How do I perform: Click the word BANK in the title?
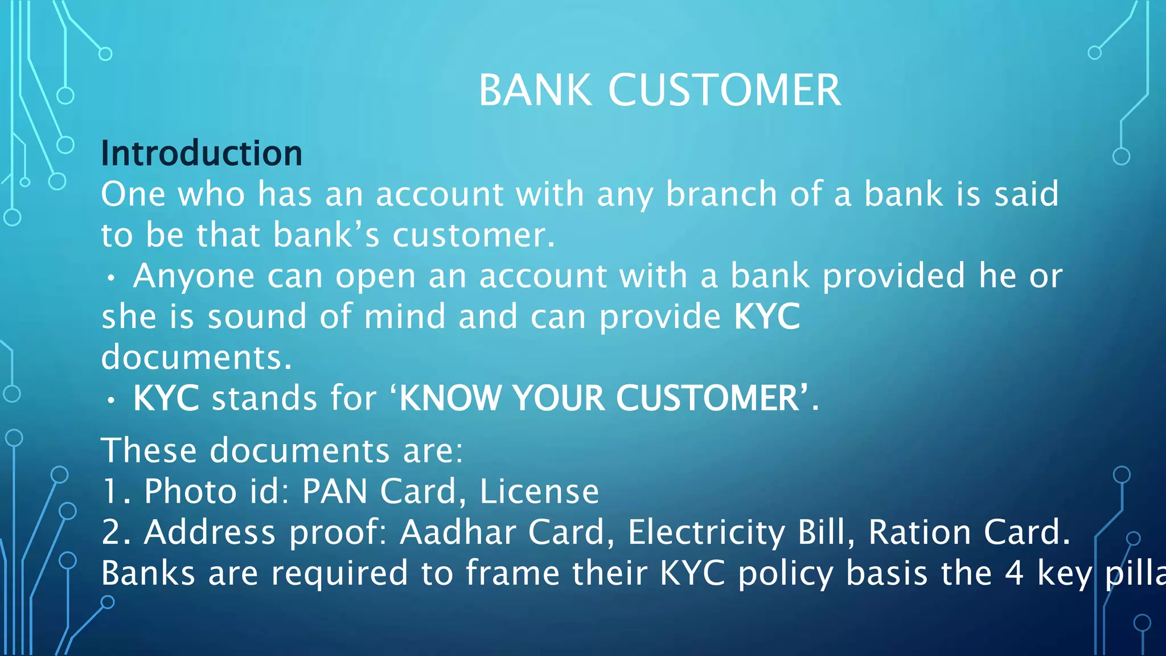tap(535, 91)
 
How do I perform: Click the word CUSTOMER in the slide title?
tap(724, 91)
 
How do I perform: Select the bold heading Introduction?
tap(202, 153)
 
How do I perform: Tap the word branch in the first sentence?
tap(721, 194)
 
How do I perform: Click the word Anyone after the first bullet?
tap(194, 277)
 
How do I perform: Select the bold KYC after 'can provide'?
tap(767, 317)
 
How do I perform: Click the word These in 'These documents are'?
tap(149, 450)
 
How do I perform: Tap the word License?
tap(539, 491)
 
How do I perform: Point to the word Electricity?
tap(706, 532)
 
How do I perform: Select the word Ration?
tap(919, 532)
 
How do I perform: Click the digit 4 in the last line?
tap(1014, 573)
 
